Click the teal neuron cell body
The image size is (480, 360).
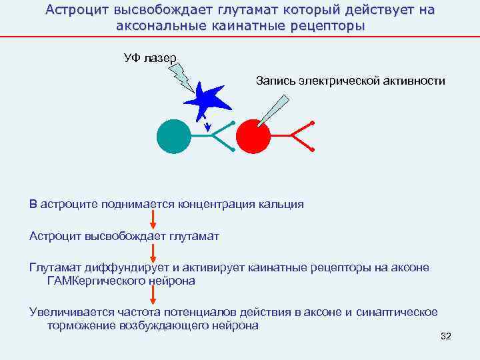point(174,135)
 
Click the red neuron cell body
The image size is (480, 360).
point(253,136)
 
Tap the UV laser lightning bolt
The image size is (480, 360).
point(183,77)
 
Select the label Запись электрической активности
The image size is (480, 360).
point(350,81)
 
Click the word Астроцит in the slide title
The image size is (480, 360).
point(73,10)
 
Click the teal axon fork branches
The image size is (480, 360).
point(223,136)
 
